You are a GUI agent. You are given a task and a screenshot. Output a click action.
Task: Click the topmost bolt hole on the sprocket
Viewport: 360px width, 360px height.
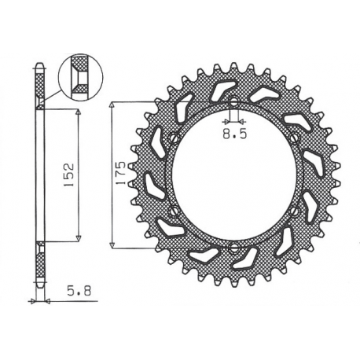233,101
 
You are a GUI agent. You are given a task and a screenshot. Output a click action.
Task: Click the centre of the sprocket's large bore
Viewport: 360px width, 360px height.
233,175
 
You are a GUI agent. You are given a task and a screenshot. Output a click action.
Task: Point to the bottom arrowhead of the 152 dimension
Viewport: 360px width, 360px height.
79,236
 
